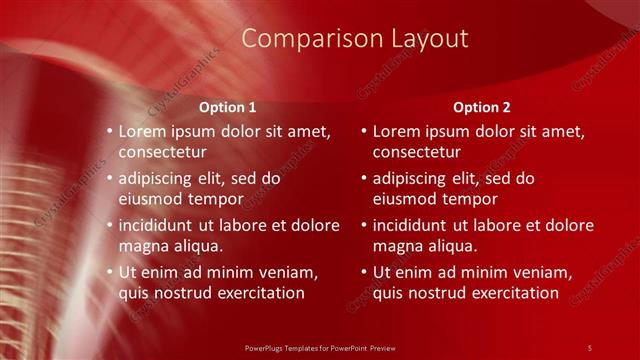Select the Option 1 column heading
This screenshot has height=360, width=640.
click(227, 106)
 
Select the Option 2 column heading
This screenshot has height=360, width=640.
click(481, 106)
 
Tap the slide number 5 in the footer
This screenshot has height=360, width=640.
click(590, 347)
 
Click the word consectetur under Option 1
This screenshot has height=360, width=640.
click(163, 153)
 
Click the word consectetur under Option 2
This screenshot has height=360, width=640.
click(417, 153)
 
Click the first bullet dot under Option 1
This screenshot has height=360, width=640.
click(109, 132)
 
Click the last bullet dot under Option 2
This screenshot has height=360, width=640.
click(363, 272)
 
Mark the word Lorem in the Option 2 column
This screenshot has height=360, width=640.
click(397, 131)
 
